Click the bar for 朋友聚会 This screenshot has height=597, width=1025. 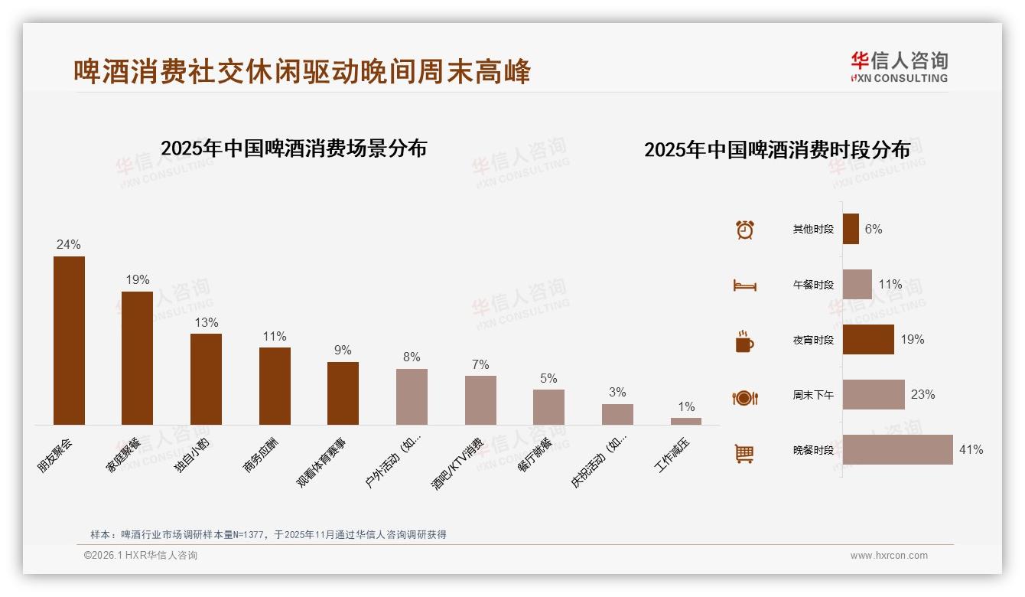click(x=69, y=341)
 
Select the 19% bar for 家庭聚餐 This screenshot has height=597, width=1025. click(x=138, y=358)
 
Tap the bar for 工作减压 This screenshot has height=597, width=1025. click(x=686, y=421)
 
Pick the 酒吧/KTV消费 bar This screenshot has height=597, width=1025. click(x=480, y=400)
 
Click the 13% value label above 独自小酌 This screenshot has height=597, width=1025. click(x=206, y=322)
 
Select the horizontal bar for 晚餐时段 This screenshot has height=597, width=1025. click(x=897, y=450)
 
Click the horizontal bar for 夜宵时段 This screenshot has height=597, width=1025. click(x=868, y=340)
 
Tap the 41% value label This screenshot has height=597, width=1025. click(x=971, y=450)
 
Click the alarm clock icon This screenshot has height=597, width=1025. click(x=745, y=230)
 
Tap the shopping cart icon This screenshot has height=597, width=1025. click(x=744, y=453)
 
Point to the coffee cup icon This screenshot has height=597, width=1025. click(x=744, y=341)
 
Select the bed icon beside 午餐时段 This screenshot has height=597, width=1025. click(x=745, y=285)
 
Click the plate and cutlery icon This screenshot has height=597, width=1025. click(x=745, y=398)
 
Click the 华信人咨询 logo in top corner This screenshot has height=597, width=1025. click(x=899, y=67)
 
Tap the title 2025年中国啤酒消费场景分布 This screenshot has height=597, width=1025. click(x=294, y=148)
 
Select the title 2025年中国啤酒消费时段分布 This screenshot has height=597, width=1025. click(x=777, y=150)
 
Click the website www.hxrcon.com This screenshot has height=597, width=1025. click(x=889, y=556)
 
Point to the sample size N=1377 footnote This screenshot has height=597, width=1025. click(x=268, y=535)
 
